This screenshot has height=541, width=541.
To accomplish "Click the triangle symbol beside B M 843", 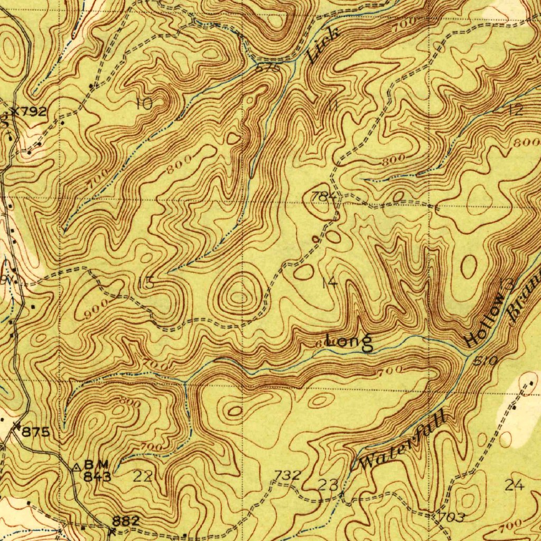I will coord(77,467).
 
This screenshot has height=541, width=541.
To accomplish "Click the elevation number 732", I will coord(288,475).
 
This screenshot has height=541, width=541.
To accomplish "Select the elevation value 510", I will coord(484,361).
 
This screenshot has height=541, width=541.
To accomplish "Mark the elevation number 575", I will coord(267,68).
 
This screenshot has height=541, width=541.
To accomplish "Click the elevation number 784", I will coord(323,197).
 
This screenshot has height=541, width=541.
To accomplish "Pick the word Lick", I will coord(323,45).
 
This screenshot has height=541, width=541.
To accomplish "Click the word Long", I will coord(349,342).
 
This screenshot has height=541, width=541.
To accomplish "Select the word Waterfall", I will coord(403,443).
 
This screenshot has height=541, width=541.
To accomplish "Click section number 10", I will coord(144,104).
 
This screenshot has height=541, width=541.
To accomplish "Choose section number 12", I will coord(516,110).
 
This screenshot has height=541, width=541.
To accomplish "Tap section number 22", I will coord(143,477).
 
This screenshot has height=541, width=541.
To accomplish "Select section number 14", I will coord(329,283).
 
